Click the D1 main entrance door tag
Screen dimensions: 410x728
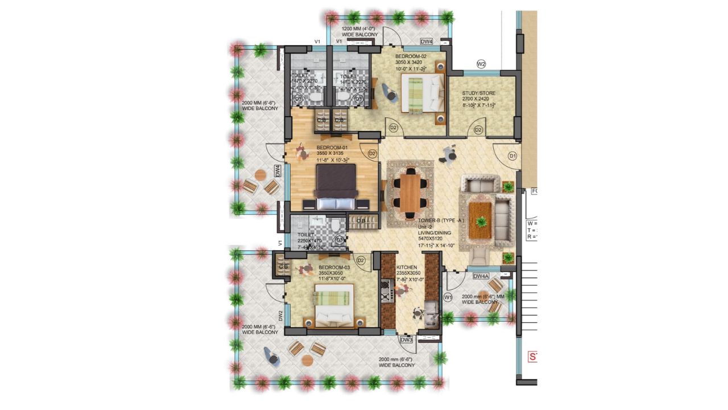pyautogui.click(x=512, y=155)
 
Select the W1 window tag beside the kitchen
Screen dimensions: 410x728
pyautogui.click(x=448, y=297)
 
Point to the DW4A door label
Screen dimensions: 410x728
pyautogui.click(x=481, y=276)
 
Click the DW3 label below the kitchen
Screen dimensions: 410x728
pyautogui.click(x=406, y=340)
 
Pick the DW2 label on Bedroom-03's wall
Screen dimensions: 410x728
pyautogui.click(x=281, y=315)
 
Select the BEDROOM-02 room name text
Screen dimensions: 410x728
pyautogui.click(x=412, y=56)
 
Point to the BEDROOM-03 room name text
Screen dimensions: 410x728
pyautogui.click(x=334, y=267)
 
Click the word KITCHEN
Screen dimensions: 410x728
pyautogui.click(x=407, y=267)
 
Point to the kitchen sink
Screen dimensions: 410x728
pyautogui.click(x=432, y=311)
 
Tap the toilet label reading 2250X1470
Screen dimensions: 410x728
pyautogui.click(x=309, y=241)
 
